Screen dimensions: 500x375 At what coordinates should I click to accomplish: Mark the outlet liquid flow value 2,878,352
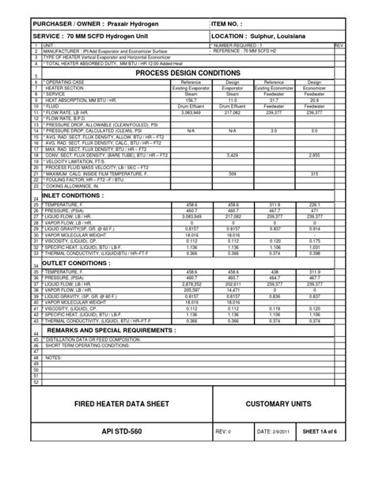point(191,284)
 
